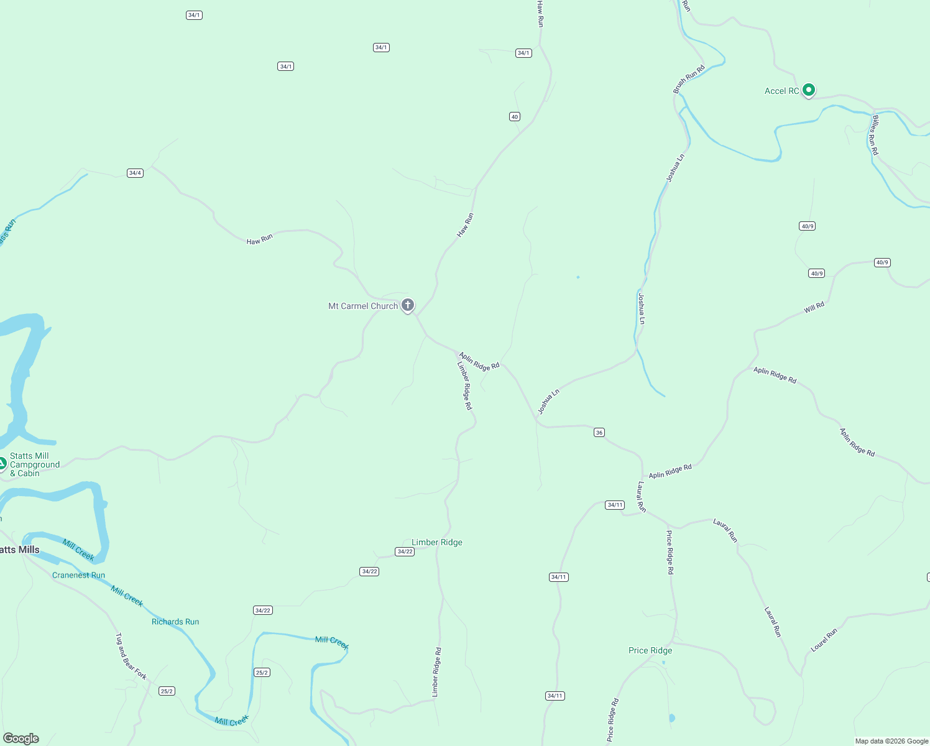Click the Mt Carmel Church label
click(x=363, y=306)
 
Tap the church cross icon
click(x=408, y=305)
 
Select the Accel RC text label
click(x=781, y=91)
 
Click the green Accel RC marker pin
click(x=809, y=90)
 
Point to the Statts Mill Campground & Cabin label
click(x=35, y=464)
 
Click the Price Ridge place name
click(x=650, y=650)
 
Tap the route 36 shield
click(x=599, y=433)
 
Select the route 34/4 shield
click(x=135, y=173)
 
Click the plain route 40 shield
click(x=514, y=117)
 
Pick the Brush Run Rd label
click(x=689, y=80)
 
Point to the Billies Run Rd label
click(x=875, y=135)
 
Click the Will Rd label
click(x=814, y=307)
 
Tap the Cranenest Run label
click(x=79, y=575)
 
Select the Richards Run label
click(x=175, y=622)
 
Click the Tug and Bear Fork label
click(x=131, y=656)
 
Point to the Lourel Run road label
click(x=824, y=640)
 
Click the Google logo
click(x=21, y=739)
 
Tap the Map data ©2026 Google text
click(x=891, y=741)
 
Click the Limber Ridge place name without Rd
click(x=437, y=542)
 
